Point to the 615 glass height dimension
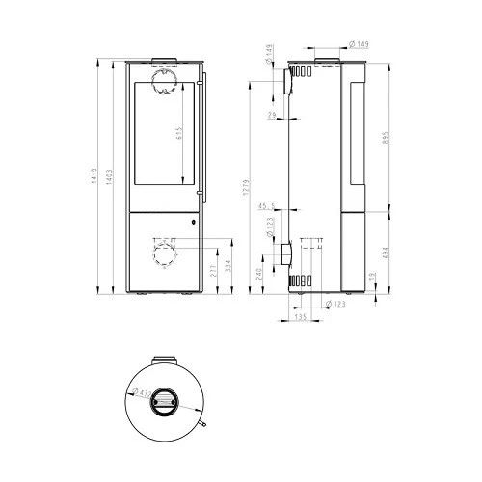pyautogui.click(x=180, y=135)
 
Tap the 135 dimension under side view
pyautogui.click(x=299, y=315)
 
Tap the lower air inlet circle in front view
pyautogui.click(x=164, y=254)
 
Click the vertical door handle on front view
pyautogui.click(x=201, y=140)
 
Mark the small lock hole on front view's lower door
pyautogui.click(x=193, y=222)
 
